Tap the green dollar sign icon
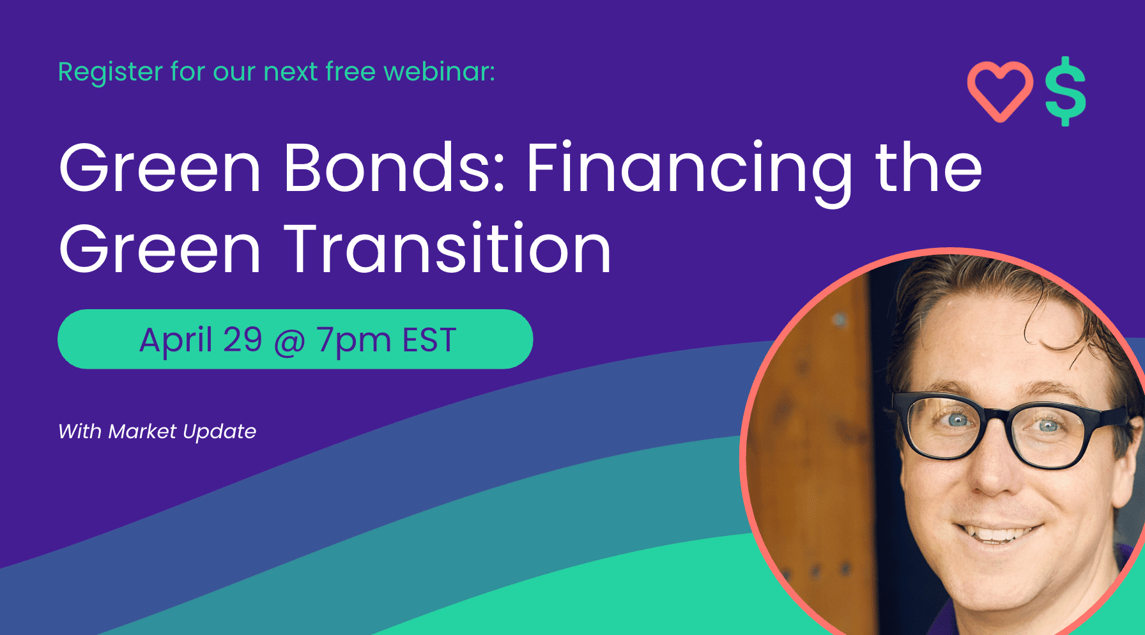tap(1065, 91)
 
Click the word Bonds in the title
tap(394, 167)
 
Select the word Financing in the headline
tap(689, 172)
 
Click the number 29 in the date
tap(243, 339)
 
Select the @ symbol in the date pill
tap(290, 342)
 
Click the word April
tap(176, 341)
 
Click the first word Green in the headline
tap(160, 167)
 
